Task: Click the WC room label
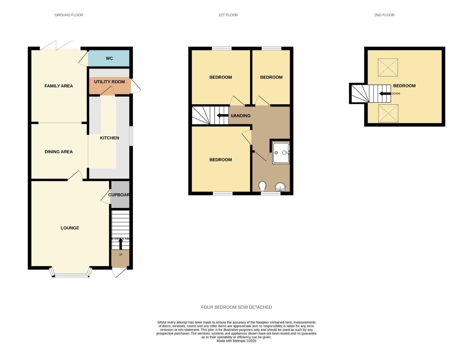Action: [109, 58]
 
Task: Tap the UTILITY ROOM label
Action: [109, 82]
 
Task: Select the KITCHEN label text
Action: [109, 138]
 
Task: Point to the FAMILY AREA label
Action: [59, 86]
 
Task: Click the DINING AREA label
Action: [59, 152]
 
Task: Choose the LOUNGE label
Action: [70, 228]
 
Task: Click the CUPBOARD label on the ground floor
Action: [119, 195]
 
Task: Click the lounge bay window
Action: [70, 275]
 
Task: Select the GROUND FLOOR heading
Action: [69, 15]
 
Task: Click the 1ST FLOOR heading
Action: [228, 15]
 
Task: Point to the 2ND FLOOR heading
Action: [384, 15]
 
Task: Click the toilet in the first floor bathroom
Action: [262, 186]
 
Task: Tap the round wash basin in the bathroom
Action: [280, 187]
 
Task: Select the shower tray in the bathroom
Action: [281, 153]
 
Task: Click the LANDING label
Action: [241, 116]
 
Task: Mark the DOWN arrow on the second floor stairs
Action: [385, 94]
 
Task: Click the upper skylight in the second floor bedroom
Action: [388, 67]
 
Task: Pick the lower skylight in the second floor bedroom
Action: [388, 113]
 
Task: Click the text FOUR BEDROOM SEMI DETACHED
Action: [236, 307]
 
